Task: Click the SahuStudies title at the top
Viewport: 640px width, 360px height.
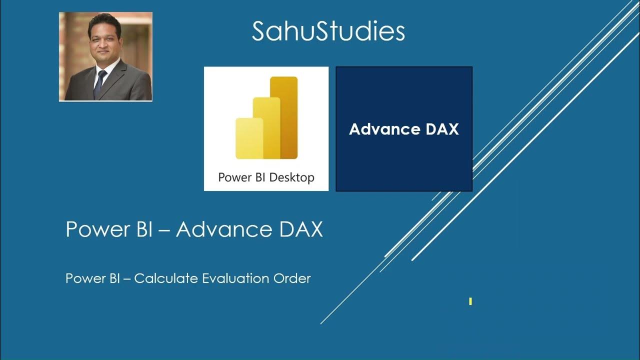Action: click(328, 31)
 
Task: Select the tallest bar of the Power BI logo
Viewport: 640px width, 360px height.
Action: click(284, 117)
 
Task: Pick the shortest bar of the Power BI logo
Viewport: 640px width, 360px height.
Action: click(249, 138)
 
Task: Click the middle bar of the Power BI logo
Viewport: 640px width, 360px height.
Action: click(266, 128)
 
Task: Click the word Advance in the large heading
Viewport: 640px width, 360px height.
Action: click(217, 229)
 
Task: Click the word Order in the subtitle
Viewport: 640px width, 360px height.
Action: click(292, 278)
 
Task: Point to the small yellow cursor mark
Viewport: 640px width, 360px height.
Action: click(470, 301)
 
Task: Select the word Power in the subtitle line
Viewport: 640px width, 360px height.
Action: click(82, 278)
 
